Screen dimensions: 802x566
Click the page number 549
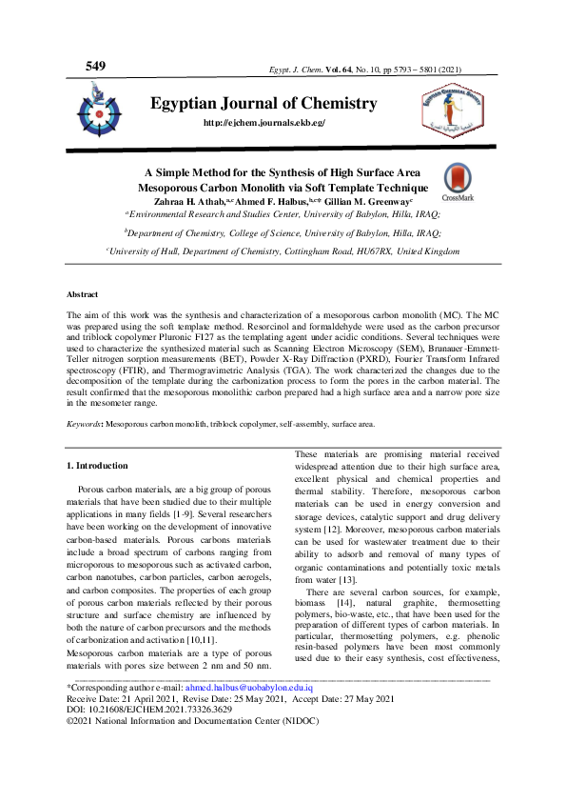95,66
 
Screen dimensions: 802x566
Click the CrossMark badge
457,183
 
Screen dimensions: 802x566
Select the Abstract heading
84,296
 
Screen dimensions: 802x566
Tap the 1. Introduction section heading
101,492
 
